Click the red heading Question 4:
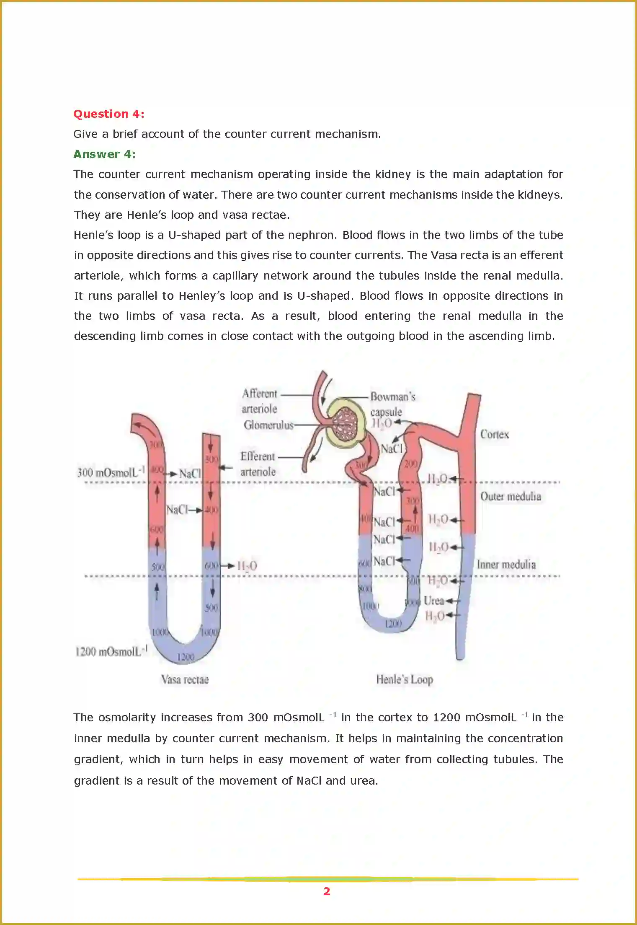click(x=108, y=114)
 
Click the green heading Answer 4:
click(x=104, y=154)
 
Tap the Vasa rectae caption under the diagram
click(x=185, y=679)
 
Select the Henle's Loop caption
click(x=404, y=679)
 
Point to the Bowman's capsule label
click(x=392, y=404)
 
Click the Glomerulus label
click(x=268, y=425)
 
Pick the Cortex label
click(x=494, y=434)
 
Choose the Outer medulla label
click(x=510, y=496)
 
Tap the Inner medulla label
click(x=506, y=564)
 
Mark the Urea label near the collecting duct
click(x=433, y=601)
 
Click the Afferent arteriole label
click(x=259, y=401)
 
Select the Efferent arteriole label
click(x=258, y=464)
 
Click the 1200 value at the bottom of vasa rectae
click(x=185, y=657)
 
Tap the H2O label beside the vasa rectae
click(x=247, y=566)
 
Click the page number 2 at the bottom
click(x=327, y=891)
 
